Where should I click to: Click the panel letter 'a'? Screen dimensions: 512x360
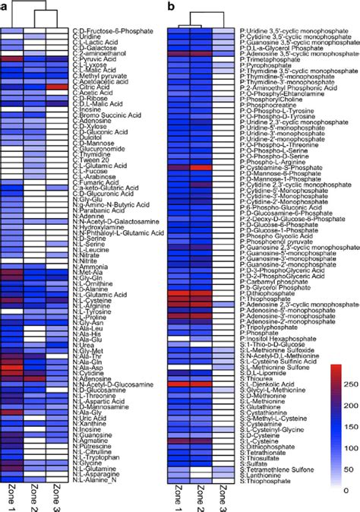(4, 5)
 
